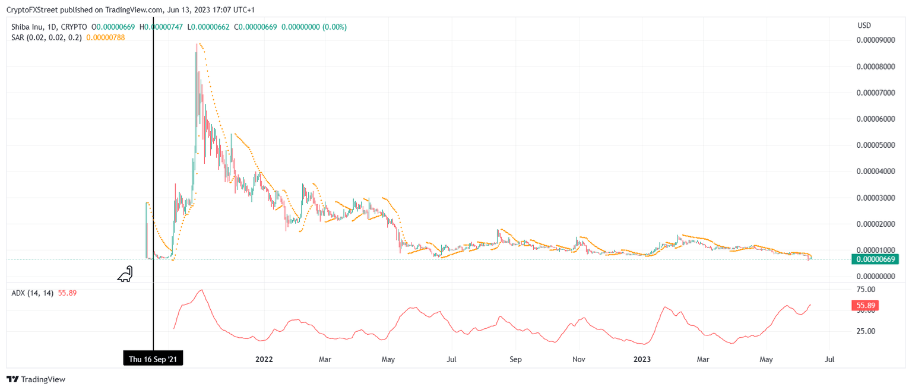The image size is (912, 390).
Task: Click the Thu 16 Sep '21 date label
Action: (153, 359)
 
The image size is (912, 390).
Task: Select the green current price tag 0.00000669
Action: (875, 259)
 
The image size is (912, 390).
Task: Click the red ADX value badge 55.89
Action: (864, 306)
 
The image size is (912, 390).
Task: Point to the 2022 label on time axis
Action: (264, 359)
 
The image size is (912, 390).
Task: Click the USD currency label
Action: (864, 26)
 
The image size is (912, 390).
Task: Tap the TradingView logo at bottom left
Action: (36, 379)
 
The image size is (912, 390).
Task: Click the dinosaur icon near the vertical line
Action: (125, 274)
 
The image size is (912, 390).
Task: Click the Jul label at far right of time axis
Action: (830, 359)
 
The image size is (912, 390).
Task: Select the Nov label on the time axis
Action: (579, 359)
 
